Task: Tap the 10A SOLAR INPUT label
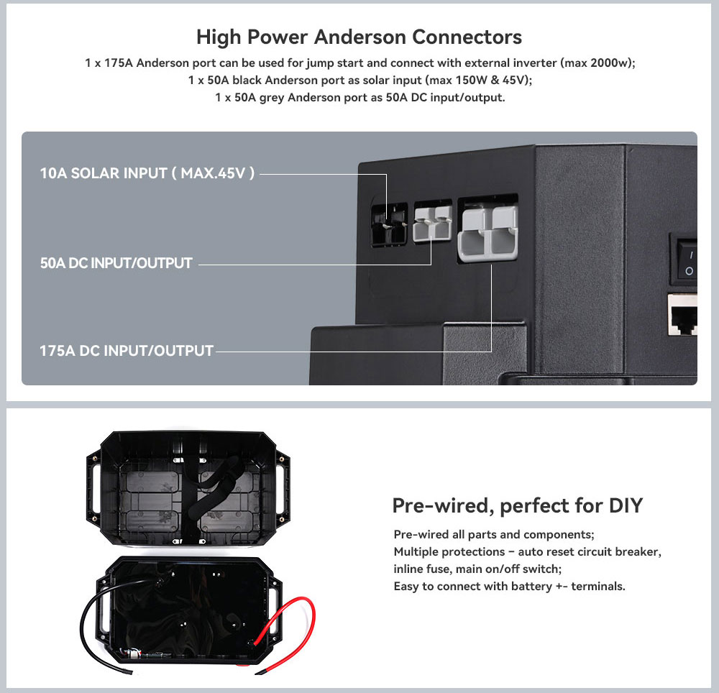(x=147, y=173)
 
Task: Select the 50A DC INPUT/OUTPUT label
(x=116, y=263)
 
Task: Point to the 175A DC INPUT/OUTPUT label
(x=127, y=351)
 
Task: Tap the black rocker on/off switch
(x=687, y=262)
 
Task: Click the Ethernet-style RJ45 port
(x=684, y=315)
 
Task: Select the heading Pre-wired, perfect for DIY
(x=517, y=505)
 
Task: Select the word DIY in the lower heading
(x=625, y=505)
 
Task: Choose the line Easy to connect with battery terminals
(x=509, y=586)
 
